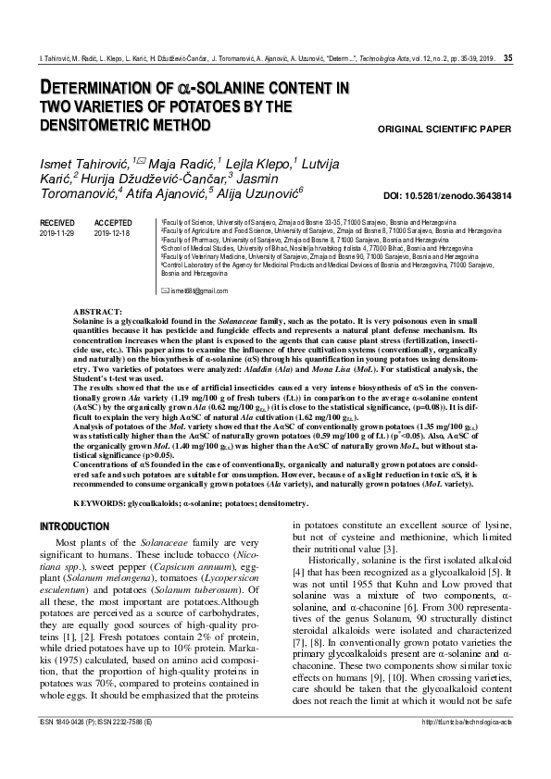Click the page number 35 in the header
[507, 58]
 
